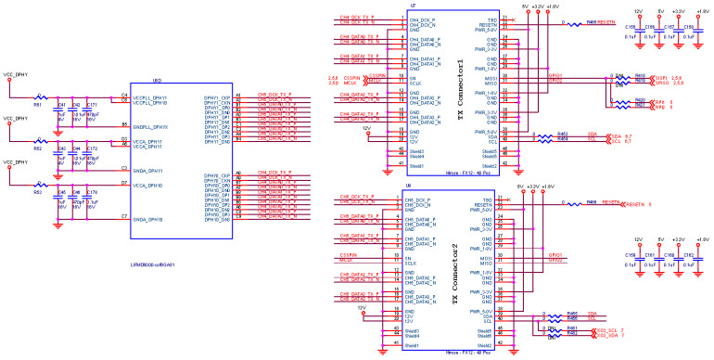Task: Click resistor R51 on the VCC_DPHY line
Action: (x=38, y=95)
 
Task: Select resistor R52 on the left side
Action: (x=38, y=142)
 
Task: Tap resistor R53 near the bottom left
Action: (x=38, y=184)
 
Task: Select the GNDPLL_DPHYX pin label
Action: (x=152, y=125)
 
